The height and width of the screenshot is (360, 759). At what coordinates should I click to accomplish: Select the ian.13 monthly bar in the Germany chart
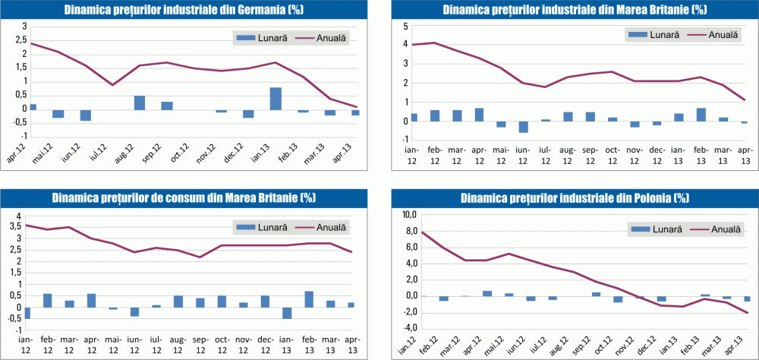pos(276,98)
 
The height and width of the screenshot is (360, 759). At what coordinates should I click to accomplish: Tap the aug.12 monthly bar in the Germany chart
pos(140,103)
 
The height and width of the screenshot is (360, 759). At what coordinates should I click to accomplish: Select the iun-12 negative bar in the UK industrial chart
pos(524,127)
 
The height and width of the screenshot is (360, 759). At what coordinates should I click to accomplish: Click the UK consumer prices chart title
pos(184,198)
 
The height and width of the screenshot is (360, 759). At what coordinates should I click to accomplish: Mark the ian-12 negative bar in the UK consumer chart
pos(27,313)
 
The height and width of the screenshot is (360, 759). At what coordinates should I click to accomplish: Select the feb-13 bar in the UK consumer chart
pos(309,299)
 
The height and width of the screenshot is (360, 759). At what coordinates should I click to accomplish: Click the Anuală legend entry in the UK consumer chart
pos(327,226)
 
